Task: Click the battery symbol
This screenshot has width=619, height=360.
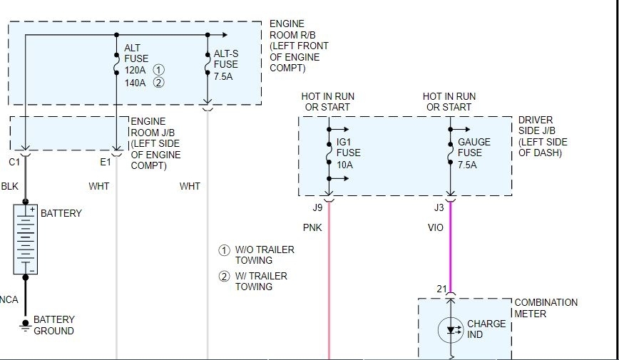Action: point(25,239)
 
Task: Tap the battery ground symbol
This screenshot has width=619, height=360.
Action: point(25,326)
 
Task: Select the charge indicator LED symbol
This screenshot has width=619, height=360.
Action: point(451,330)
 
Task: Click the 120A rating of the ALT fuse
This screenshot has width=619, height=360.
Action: point(135,71)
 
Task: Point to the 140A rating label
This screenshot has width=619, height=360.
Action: point(135,83)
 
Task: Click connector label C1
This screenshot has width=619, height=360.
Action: point(14,163)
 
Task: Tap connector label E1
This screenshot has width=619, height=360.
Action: point(106,163)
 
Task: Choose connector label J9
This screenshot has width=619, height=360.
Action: point(317,208)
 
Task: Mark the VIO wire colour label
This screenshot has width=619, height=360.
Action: point(435,228)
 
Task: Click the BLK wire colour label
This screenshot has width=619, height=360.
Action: point(10,187)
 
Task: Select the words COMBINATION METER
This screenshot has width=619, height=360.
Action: point(546,308)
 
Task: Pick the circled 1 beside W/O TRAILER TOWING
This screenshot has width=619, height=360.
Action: point(223,250)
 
